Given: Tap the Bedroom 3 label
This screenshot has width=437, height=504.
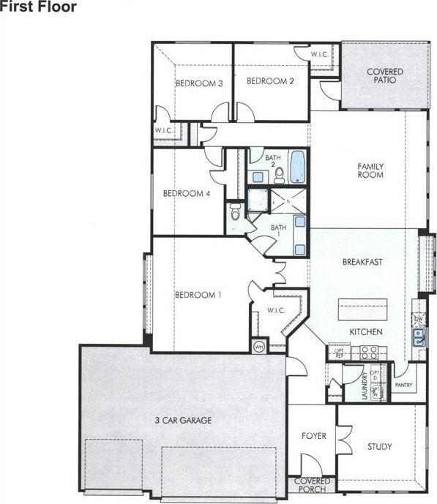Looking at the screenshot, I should tap(199, 83).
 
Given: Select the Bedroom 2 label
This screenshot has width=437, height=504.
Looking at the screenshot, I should tap(270, 80).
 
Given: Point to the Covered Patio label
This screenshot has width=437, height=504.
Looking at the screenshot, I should tap(385, 75).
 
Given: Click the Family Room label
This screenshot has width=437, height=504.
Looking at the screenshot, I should tap(370, 170).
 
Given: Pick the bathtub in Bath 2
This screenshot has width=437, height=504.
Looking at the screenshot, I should tap(297, 168).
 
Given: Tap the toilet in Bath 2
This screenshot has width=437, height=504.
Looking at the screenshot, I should tap(280, 173).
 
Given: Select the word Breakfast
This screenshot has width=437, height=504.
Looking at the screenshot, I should tap(362, 261).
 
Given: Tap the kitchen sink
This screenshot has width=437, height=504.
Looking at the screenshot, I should tap(419, 337).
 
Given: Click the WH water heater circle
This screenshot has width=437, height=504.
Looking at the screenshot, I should tap(259, 345).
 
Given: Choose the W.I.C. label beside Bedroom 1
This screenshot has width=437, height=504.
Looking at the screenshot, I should tap(275, 310).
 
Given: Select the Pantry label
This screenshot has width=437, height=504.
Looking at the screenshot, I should tap(403, 385).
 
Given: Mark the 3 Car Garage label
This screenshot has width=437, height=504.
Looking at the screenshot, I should tap(182, 420).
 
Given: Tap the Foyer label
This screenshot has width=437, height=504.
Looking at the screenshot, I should tap(314, 436).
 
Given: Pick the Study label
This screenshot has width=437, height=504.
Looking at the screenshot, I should tap(380, 446).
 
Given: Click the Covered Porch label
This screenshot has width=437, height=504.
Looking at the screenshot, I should tap(313, 485).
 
